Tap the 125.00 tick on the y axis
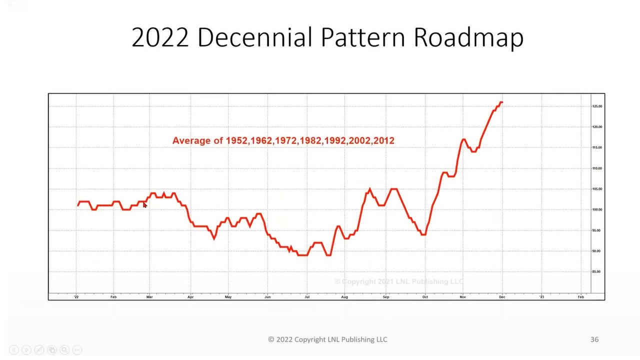[x=597, y=106]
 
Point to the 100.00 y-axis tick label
[x=597, y=209]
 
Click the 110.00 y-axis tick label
[x=597, y=168]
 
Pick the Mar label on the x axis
[x=149, y=297]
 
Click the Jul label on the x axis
[x=307, y=297]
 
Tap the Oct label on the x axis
[x=425, y=297]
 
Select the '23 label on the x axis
[x=541, y=297]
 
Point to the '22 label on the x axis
[x=76, y=297]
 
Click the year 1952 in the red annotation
[x=236, y=141]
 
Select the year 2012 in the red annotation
[x=383, y=141]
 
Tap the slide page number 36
[x=594, y=339]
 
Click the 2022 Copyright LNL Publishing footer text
[x=327, y=339]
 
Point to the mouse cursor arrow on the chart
[x=145, y=205]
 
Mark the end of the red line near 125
[x=501, y=102]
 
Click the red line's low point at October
[x=424, y=234]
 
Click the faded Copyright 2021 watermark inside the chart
[x=399, y=281]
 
